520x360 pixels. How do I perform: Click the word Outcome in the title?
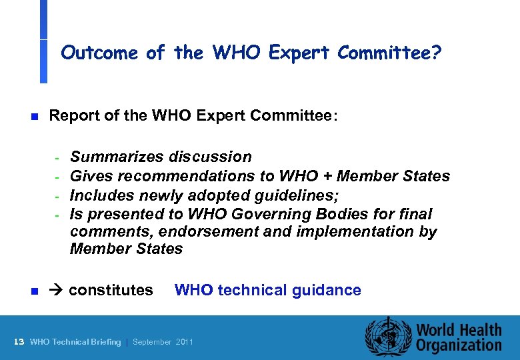point(99,53)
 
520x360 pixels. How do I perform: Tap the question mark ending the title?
point(436,53)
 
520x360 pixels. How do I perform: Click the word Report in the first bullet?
point(73,117)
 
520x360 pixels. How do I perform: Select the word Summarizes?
point(117,157)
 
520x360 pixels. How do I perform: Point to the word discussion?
point(210,157)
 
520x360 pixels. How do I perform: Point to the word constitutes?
point(111,290)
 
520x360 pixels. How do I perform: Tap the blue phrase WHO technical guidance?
point(267,290)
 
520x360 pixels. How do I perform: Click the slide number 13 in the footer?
point(19,342)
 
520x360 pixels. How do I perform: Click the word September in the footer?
point(153,342)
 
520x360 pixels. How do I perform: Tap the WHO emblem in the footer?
point(387,337)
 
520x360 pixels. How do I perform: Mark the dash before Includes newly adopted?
point(58,196)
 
